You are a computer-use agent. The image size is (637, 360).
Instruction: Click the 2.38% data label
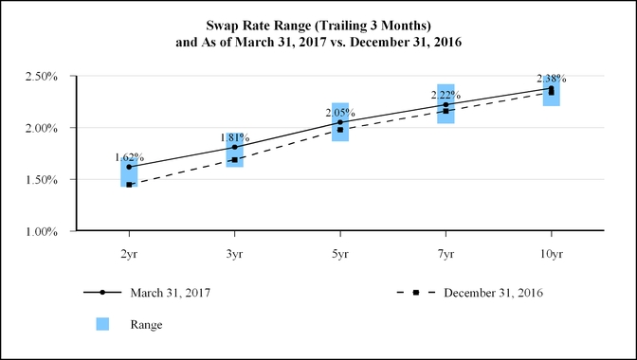coord(552,79)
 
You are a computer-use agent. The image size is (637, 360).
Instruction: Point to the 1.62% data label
coord(129,157)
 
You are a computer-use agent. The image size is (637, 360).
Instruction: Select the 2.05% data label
coord(340,113)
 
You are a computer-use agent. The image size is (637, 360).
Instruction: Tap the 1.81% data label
coord(235,137)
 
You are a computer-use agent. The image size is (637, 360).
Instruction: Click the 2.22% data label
coord(446,95)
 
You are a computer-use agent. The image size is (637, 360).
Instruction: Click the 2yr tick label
coord(129,255)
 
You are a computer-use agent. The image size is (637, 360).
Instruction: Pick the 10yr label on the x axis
coord(552,255)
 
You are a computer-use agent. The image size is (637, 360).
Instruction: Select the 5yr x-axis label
coord(340,255)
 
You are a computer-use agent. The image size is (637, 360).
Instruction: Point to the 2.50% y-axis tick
coord(41,77)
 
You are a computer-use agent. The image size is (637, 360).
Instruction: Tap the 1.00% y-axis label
coord(41,232)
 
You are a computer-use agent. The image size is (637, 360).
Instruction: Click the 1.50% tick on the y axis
coord(41,180)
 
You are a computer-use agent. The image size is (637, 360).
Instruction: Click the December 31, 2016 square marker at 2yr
coord(129,185)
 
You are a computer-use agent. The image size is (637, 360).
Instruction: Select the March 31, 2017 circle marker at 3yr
coord(235,147)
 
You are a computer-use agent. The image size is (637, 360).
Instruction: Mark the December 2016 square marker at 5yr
coord(340,130)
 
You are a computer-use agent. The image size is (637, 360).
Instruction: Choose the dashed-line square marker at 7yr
coord(446,111)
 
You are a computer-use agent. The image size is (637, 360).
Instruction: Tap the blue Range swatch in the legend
coord(102,324)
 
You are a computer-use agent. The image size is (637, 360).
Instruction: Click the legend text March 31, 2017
coord(171,293)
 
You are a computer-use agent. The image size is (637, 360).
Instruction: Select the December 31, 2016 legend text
coord(493,293)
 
